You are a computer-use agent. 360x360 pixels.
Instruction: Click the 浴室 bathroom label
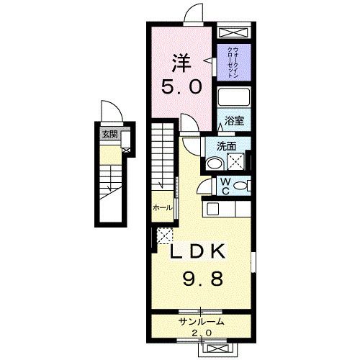click(234, 122)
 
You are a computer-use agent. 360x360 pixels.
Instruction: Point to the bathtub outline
click(234, 99)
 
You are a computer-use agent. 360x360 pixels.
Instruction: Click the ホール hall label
click(162, 207)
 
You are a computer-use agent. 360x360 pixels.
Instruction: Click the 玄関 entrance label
click(108, 134)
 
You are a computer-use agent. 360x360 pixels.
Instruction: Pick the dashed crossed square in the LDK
click(163, 234)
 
